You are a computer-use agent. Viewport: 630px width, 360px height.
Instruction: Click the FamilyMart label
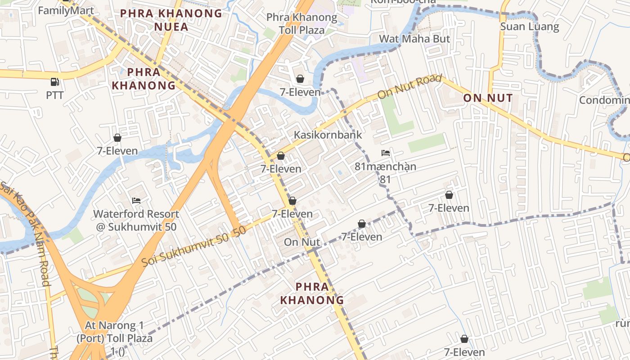coord(66,10)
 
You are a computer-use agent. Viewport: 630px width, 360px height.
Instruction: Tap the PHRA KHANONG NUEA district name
coord(171,20)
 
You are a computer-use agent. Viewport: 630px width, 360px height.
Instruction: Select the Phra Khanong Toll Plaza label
coord(301,24)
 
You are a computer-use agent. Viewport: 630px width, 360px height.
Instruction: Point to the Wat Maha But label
coord(414,39)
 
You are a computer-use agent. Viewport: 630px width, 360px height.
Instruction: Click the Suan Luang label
coord(530,27)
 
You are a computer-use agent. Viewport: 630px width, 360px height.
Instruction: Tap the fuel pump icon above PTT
coord(54,82)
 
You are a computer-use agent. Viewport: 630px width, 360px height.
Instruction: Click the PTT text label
coord(55,95)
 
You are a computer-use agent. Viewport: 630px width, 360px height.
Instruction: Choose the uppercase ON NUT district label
coord(488,98)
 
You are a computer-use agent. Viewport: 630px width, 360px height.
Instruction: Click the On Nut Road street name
coord(409,87)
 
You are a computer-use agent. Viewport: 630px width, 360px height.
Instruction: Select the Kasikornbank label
coord(328,135)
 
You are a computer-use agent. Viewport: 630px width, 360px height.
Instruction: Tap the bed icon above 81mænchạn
coord(386,153)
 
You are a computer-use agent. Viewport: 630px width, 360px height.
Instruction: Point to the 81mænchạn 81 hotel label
coord(385,172)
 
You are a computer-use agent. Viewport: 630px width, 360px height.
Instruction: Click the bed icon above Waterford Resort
coord(136,200)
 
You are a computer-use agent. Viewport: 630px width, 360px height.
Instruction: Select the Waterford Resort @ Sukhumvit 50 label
coord(136,220)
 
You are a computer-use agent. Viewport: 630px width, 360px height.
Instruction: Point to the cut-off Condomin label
coord(604,100)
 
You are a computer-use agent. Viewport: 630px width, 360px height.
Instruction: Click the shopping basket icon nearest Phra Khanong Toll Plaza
coord(300,79)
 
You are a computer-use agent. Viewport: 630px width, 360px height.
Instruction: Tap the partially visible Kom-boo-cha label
coord(403,1)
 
